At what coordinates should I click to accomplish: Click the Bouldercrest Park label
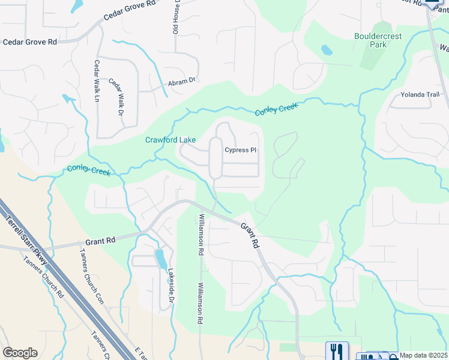pyautogui.click(x=379, y=40)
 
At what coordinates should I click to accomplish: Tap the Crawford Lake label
pyautogui.click(x=170, y=140)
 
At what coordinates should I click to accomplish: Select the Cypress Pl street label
pyautogui.click(x=241, y=150)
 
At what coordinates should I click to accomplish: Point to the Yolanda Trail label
pyautogui.click(x=420, y=95)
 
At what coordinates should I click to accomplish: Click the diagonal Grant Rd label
pyautogui.click(x=250, y=235)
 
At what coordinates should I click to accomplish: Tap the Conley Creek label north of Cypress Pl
pyautogui.click(x=276, y=109)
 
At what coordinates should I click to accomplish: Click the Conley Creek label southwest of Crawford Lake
pyautogui.click(x=88, y=170)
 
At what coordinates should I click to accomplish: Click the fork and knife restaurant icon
pyautogui.click(x=337, y=351)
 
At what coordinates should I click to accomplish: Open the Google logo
pyautogui.click(x=20, y=353)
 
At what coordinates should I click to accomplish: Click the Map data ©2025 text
pyautogui.click(x=423, y=355)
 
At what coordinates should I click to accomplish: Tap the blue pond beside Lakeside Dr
pyautogui.click(x=161, y=259)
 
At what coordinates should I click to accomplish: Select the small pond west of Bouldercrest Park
pyautogui.click(x=327, y=50)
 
